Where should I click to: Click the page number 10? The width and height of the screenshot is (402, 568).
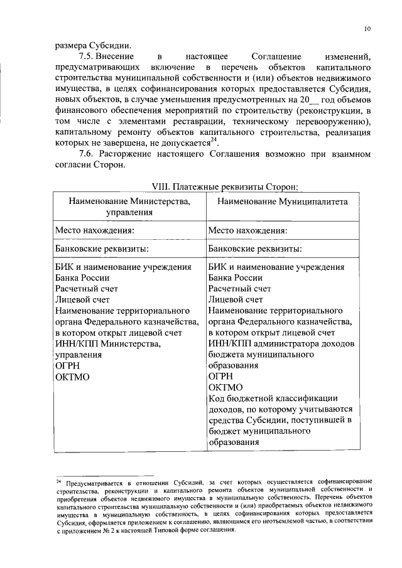367,29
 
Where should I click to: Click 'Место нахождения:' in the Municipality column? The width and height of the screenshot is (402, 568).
248,230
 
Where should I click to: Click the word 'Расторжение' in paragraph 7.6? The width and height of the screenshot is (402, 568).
129,154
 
